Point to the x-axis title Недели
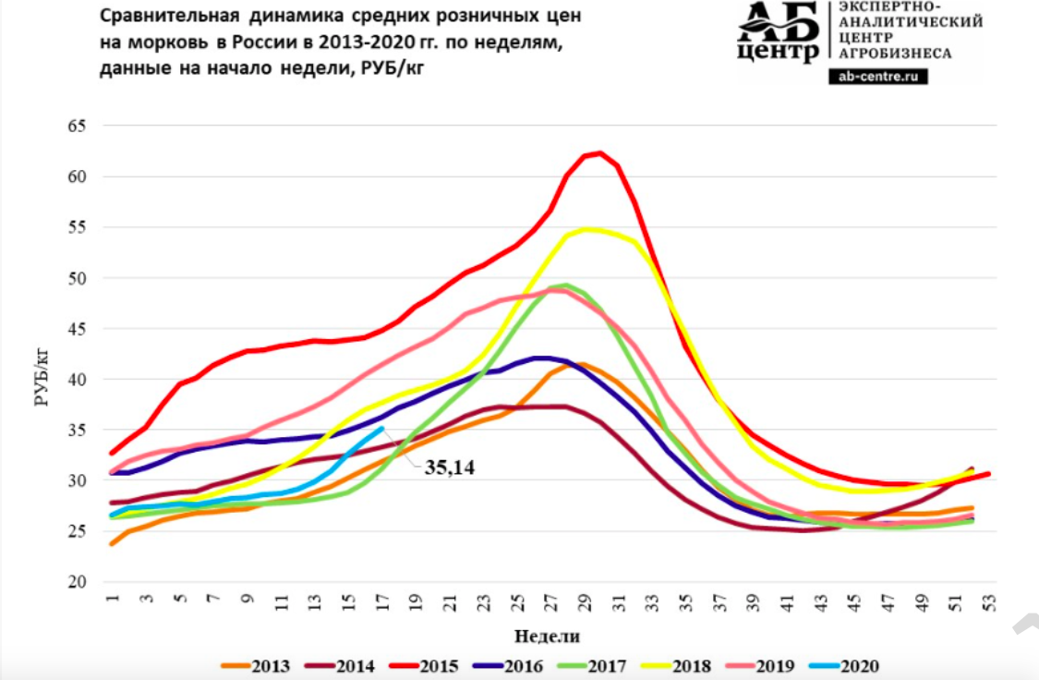point(547,636)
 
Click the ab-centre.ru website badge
point(878,77)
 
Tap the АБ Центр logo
point(778,32)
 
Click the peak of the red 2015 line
point(600,152)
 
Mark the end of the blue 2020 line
point(381,428)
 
